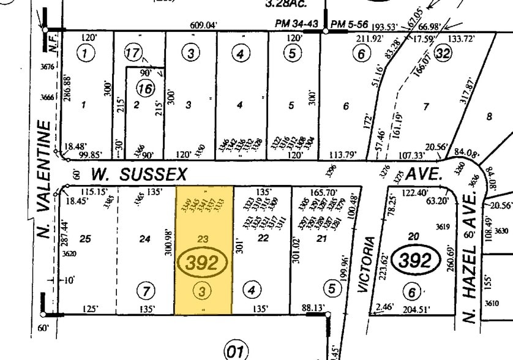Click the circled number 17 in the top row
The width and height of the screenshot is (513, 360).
[x=133, y=53]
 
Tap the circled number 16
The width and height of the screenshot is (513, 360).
[x=144, y=89]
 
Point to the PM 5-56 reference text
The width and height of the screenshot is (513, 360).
[x=349, y=24]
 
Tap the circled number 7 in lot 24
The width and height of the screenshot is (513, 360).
[x=146, y=290]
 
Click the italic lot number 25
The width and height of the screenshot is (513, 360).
[x=85, y=238]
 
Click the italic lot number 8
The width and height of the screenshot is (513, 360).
[x=489, y=116]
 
